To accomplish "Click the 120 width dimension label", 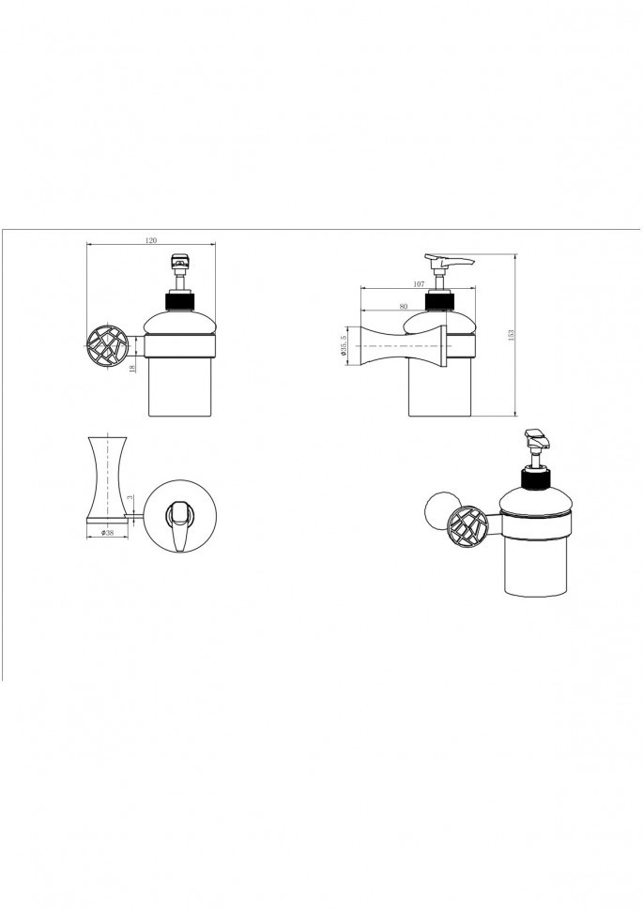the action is tap(151, 240).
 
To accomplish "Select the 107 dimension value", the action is tap(419, 284).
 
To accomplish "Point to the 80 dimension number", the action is tap(404, 306).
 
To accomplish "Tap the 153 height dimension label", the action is tap(512, 335).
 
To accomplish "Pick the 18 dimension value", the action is tap(133, 368).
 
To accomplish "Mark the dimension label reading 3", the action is tap(131, 497).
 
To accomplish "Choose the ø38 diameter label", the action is tap(106, 532).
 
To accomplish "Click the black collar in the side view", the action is tap(438, 302).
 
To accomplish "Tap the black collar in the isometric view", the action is tap(536, 479).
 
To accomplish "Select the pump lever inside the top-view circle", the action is tap(177, 523).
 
